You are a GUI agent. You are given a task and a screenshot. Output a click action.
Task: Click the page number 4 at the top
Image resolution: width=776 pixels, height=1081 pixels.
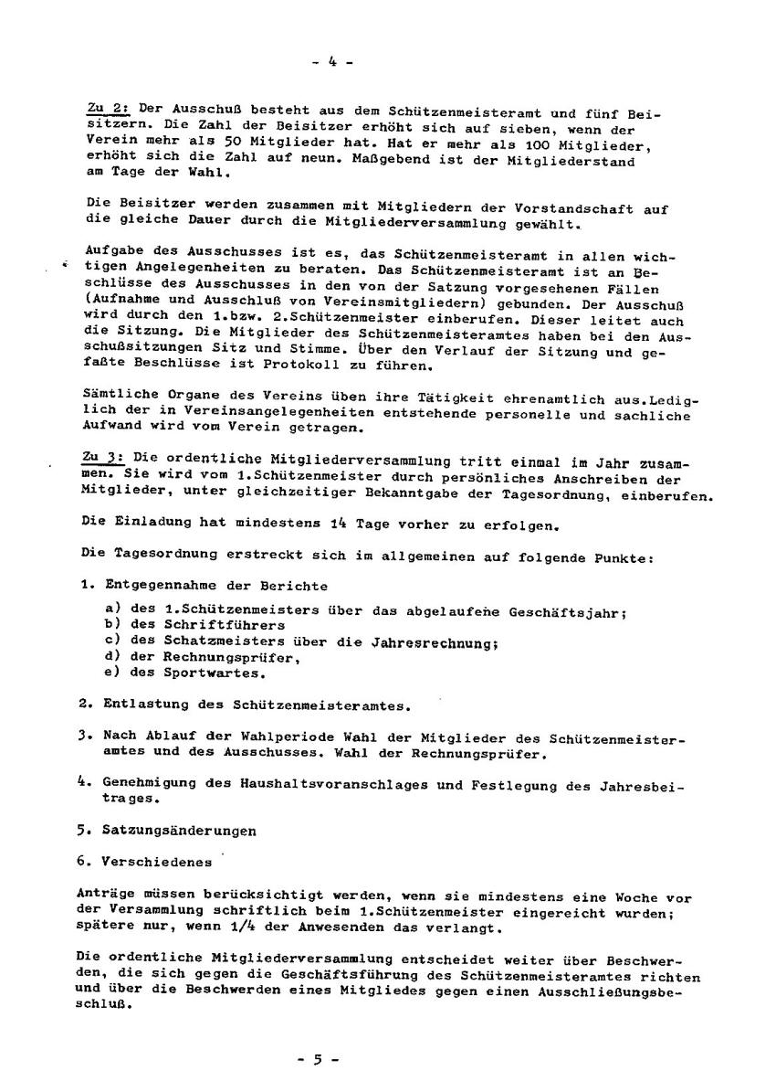[x=332, y=62]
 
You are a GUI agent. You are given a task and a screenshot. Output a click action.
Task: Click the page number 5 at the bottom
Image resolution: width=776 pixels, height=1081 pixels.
[x=319, y=1060]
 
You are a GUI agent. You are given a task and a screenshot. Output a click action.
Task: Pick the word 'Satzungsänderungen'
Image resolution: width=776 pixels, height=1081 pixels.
[x=180, y=831]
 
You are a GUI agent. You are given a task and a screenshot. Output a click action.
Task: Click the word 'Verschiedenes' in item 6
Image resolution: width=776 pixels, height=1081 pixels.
[x=158, y=861]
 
